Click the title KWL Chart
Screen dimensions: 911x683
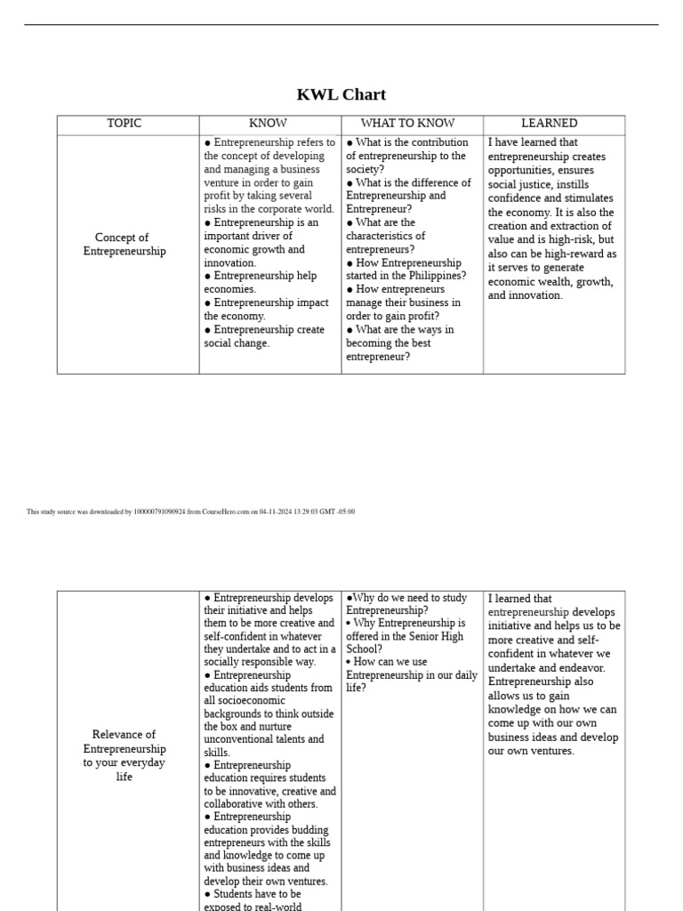click(x=341, y=94)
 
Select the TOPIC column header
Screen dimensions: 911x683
click(x=125, y=124)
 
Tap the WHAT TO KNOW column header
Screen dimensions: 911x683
click(x=407, y=124)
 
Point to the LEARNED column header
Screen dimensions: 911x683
click(x=549, y=124)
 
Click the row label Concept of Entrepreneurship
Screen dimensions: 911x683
click(x=125, y=245)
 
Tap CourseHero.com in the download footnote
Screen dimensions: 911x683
click(x=225, y=512)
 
